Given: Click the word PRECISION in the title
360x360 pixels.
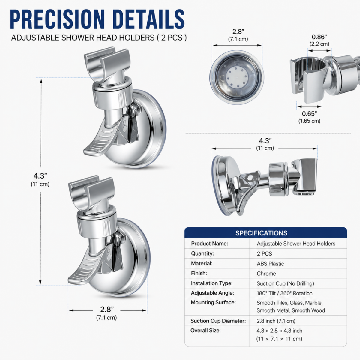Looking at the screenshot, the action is pos(57,19).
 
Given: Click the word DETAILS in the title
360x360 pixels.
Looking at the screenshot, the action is pos(148,19).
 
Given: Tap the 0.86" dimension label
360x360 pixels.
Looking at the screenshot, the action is pos(319,37).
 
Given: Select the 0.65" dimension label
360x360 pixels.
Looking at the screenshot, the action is pos(309,114).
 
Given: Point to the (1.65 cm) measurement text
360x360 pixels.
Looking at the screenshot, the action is pos(309,121).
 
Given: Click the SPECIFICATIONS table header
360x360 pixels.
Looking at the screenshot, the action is pos(261,233).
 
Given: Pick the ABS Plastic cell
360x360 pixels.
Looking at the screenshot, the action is pos(270,264).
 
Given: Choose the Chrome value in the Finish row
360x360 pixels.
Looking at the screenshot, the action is pos(266,274).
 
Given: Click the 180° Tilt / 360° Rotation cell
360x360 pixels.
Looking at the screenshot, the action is pos(284,293).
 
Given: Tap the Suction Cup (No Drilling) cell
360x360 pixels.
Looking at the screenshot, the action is pos(285,283).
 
